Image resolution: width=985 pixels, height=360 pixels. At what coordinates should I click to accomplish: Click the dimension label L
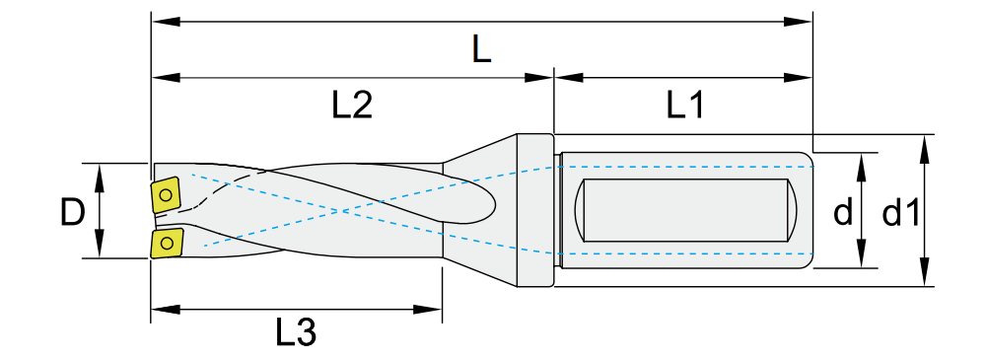click(x=481, y=49)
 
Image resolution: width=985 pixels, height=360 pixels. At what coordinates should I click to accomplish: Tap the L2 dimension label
click(x=352, y=107)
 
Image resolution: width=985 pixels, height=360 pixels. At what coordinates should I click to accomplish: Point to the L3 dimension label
click(x=296, y=333)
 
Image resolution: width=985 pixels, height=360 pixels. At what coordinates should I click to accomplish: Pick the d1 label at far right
click(x=901, y=214)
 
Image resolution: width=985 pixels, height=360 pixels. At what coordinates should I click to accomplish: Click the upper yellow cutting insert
click(x=167, y=196)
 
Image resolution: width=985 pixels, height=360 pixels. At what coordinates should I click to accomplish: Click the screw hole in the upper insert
click(x=166, y=194)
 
